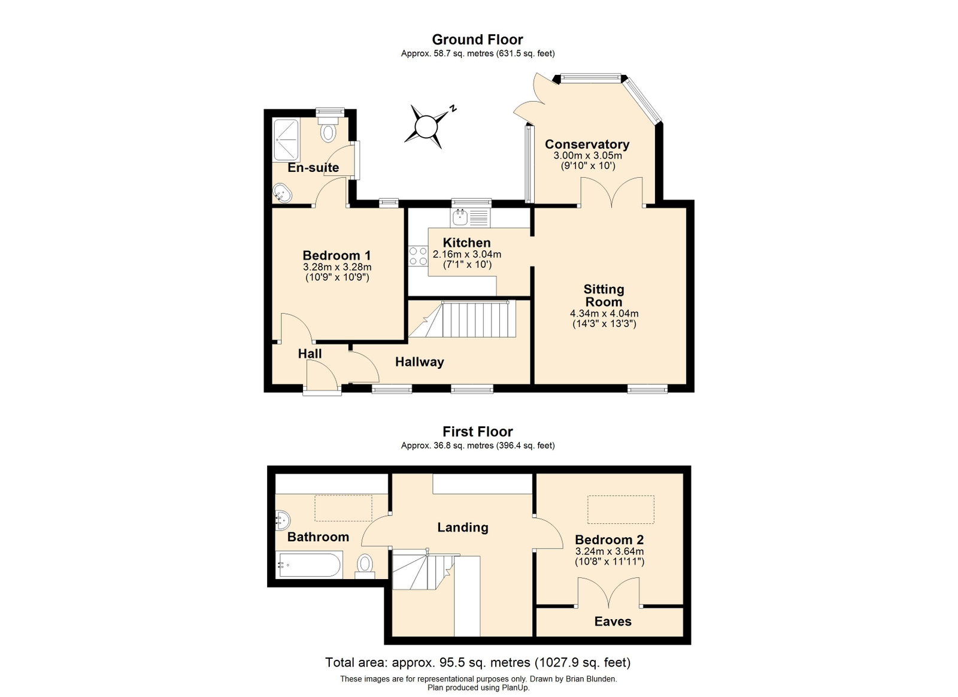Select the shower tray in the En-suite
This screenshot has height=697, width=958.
[287, 140]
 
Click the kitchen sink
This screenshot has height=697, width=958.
[469, 217]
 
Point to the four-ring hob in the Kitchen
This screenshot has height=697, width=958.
[418, 256]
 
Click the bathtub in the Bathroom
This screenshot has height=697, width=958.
[309, 565]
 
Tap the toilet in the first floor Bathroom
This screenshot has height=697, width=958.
[365, 566]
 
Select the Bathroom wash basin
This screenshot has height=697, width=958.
[283, 520]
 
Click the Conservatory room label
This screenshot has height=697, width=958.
[587, 144]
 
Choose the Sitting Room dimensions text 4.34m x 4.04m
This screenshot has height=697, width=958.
[604, 313]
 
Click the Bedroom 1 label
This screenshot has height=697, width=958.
[336, 256]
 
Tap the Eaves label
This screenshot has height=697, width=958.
[613, 622]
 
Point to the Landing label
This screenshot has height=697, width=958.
[463, 528]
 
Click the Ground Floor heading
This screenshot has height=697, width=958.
[477, 40]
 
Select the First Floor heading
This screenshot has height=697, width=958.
[478, 432]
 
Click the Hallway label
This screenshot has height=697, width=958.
[420, 362]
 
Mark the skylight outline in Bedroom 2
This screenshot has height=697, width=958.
[621, 510]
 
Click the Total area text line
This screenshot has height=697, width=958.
[478, 663]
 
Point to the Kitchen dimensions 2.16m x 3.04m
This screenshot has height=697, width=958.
[467, 254]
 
